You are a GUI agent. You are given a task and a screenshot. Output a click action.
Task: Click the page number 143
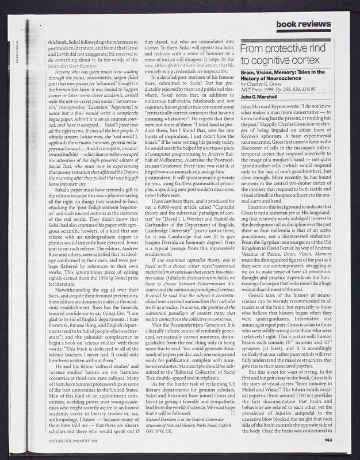328,440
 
